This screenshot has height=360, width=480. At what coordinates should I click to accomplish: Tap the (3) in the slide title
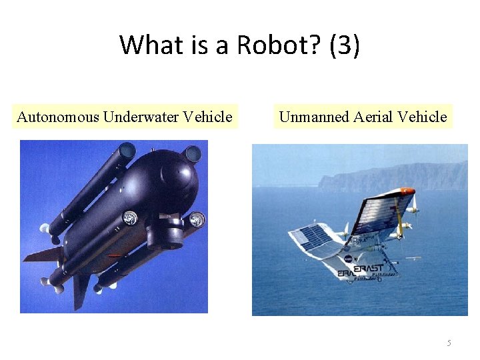click(345, 45)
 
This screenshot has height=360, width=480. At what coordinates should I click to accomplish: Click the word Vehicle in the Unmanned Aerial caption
click(422, 117)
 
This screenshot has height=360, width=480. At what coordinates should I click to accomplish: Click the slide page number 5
click(449, 343)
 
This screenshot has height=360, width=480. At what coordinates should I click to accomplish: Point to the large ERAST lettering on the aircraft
click(369, 268)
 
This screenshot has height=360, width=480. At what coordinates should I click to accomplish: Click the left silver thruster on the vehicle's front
click(131, 217)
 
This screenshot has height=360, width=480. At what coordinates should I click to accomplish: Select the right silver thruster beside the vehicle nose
click(197, 219)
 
